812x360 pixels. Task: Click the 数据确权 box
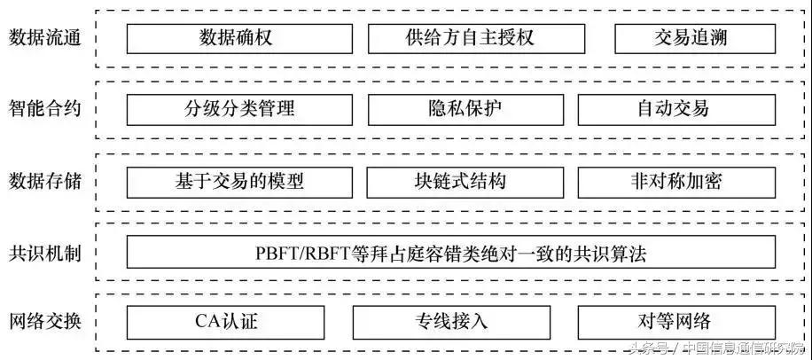239,38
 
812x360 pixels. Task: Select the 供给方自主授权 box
476,38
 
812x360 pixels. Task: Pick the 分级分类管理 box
239,110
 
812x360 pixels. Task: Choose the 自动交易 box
676,110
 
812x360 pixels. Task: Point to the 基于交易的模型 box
239,182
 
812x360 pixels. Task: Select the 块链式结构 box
465,182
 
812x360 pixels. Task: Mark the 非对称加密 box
676,182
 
